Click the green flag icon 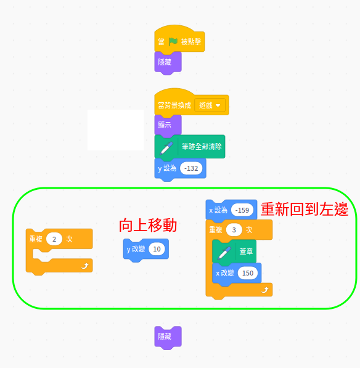pos(173,42)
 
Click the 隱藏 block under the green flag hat pos(168,63)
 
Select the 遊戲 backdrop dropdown pos(210,105)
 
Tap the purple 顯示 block pos(168,126)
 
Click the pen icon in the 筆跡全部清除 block pos(166,148)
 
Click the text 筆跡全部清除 pos(202,147)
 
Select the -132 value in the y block pos(191,168)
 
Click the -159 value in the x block pos(242,210)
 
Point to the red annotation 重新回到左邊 pos(305,209)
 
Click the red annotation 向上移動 pos(148,226)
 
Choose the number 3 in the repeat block pos(234,230)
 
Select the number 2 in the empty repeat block pos(54,239)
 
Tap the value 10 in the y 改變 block pos(157,249)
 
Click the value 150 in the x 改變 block pos(248,273)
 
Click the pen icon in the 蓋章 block pos(224,253)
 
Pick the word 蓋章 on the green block pos(246,251)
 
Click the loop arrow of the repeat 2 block pos(84,266)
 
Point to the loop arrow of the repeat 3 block pos(264,290)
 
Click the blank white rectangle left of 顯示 pos(115,130)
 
